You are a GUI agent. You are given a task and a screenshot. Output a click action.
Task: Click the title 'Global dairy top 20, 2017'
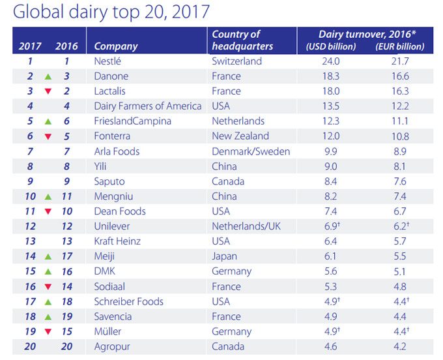[x=111, y=12]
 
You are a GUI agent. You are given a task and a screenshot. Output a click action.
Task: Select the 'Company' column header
[x=116, y=46]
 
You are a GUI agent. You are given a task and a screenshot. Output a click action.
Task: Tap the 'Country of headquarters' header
[x=242, y=40]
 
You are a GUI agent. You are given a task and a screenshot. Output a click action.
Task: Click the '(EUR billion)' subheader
[x=399, y=47]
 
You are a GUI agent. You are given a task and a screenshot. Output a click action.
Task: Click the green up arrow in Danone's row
[x=48, y=77]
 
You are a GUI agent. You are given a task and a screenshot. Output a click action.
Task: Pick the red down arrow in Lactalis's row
[x=48, y=92]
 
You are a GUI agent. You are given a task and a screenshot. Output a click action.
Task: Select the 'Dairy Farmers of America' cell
[x=148, y=106]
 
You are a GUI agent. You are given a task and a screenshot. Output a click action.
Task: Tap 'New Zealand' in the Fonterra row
[x=240, y=136]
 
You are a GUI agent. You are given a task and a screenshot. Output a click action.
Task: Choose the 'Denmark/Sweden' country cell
[x=251, y=151]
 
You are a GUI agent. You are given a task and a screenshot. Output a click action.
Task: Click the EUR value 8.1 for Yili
[x=401, y=166]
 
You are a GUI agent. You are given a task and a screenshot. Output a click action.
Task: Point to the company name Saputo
[x=109, y=181]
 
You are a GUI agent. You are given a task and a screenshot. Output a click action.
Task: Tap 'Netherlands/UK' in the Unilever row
[x=246, y=226]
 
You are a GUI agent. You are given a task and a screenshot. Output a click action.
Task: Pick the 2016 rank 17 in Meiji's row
[x=66, y=256]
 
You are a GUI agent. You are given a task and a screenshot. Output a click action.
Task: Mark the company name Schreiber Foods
[x=128, y=301]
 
